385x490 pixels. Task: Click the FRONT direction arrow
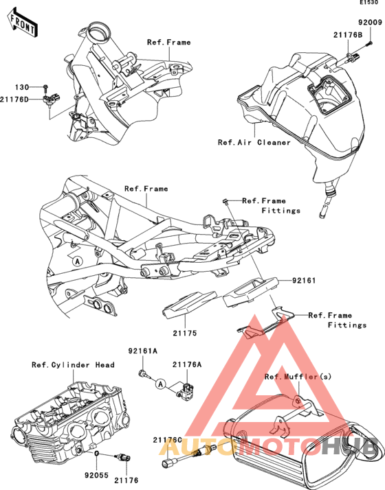(23, 23)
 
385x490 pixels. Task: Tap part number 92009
(371, 23)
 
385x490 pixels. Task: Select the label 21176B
(348, 35)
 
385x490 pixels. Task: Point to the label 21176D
(14, 100)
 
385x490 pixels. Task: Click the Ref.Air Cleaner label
(254, 143)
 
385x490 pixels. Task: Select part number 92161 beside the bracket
(304, 280)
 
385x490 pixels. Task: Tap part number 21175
(185, 333)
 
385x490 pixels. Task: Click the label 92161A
(143, 351)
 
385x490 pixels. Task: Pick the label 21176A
(187, 364)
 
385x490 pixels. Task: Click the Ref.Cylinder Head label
(74, 364)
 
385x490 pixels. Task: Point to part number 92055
(96, 476)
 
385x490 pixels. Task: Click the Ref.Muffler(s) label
(298, 377)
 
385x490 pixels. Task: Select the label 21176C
(168, 440)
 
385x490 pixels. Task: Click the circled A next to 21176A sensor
(161, 384)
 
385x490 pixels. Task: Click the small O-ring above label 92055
(97, 453)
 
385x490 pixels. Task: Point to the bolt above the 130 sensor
(45, 86)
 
